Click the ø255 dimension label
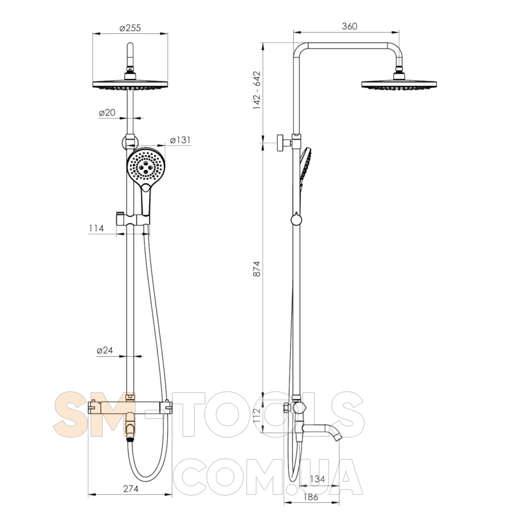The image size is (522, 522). tap(130, 28)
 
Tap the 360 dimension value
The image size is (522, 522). tap(349, 26)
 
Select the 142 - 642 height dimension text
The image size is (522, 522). tap(257, 90)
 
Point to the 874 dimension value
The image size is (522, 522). tap(257, 269)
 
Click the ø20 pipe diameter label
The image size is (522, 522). tap(107, 113)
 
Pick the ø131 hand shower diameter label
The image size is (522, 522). tap(180, 140)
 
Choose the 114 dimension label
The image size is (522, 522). tap(97, 229)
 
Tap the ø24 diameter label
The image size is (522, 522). tap(105, 350)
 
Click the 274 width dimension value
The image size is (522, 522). tap(131, 489)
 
